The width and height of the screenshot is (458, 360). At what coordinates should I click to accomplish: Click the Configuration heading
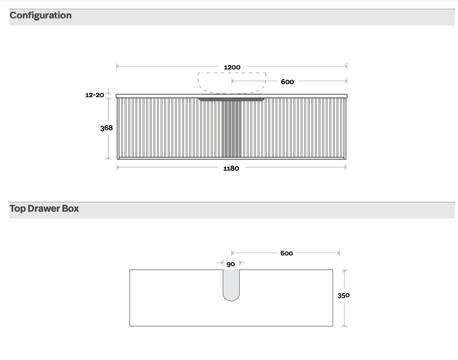(x=41, y=16)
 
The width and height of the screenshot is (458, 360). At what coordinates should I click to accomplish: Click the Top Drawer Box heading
(x=44, y=208)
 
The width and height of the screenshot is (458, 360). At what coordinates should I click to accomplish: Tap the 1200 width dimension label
(x=232, y=68)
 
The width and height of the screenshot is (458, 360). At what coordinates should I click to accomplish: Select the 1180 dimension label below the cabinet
(x=231, y=169)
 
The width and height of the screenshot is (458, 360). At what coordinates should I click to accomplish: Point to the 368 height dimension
(x=106, y=128)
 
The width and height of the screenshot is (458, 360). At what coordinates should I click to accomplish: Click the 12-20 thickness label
(x=95, y=95)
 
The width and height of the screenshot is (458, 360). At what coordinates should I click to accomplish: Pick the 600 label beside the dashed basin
(x=288, y=82)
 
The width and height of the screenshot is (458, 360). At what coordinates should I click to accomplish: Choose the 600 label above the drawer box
(x=287, y=253)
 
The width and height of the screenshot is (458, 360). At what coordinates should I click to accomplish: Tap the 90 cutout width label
(x=231, y=264)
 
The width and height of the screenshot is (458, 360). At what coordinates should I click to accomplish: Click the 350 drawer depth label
(x=343, y=296)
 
